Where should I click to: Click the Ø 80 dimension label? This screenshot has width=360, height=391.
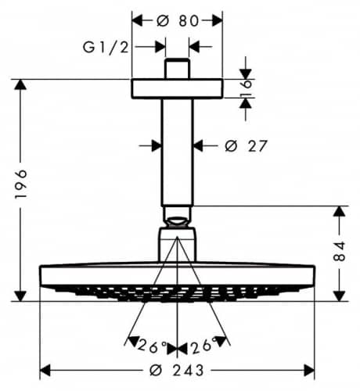click(x=178, y=21)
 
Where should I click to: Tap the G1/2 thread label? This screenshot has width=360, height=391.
click(x=106, y=48)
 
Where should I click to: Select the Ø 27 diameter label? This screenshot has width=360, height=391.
click(x=246, y=146)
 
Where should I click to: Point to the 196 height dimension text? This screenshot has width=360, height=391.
click(x=21, y=185)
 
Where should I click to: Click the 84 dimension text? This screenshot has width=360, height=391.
click(x=340, y=251)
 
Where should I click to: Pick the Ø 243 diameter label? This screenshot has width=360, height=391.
click(x=177, y=371)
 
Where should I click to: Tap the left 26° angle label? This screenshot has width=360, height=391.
click(x=152, y=346)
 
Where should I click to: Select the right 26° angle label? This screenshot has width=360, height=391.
click(x=204, y=346)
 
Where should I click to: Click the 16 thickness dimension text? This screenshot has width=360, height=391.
click(x=245, y=88)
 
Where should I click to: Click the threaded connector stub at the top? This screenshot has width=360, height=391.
click(x=177, y=69)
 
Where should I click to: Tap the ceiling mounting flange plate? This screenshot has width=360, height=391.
click(x=177, y=88)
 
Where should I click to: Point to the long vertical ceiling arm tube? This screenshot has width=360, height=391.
click(x=177, y=152)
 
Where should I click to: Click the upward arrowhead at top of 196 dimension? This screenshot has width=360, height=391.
click(x=20, y=84)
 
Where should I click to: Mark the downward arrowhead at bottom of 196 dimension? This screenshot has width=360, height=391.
click(x=20, y=296)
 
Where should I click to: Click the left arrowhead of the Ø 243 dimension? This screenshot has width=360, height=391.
click(x=45, y=371)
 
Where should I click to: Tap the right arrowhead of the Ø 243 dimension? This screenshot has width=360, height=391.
click(x=309, y=371)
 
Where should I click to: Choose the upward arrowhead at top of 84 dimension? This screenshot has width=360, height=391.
click(x=340, y=211)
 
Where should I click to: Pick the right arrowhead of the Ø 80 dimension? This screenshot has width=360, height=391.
click(x=218, y=21)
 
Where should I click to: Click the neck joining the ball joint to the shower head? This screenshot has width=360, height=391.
click(x=177, y=245)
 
